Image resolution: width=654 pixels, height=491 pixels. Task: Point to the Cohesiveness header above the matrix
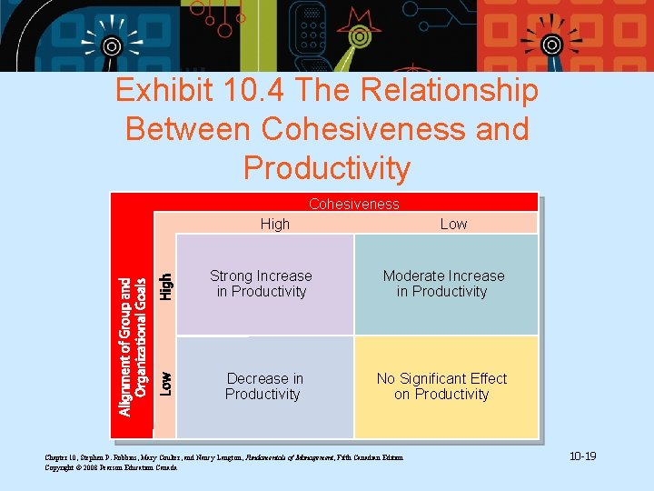coord(353,204)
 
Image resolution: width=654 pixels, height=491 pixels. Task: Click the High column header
coord(275,224)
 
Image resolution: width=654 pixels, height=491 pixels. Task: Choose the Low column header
coord(453,224)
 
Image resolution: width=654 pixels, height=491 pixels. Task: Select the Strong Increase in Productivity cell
coord(262,284)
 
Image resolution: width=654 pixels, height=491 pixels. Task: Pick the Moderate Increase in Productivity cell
coord(443,284)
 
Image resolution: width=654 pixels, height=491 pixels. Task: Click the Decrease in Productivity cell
coord(264,386)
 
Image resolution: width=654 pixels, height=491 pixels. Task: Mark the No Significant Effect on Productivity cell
coord(442,386)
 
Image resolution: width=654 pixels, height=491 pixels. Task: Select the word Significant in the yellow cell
coord(439,378)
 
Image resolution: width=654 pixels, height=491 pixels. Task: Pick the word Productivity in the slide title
coord(327,168)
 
